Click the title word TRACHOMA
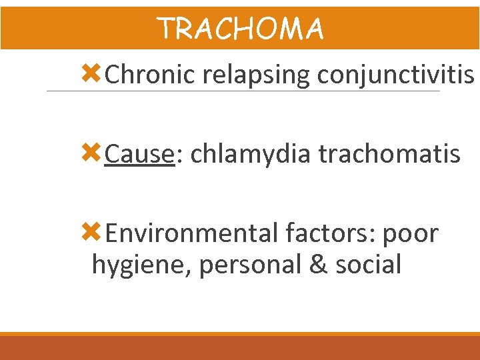240,29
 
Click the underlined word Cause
139,155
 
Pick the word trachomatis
389,155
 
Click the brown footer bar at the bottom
240,348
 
